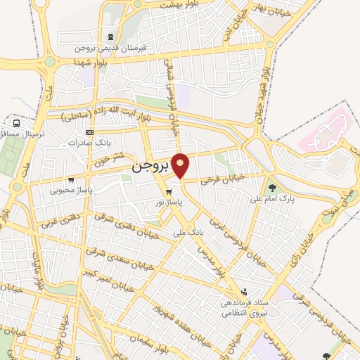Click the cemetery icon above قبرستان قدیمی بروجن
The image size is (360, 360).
(x=110, y=37)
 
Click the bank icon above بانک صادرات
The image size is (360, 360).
(x=89, y=131)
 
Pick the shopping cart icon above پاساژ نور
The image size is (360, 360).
(x=168, y=192)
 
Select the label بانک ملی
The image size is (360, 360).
(x=191, y=229)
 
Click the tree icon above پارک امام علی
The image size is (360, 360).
(x=271, y=188)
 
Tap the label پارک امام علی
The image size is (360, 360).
(x=271, y=199)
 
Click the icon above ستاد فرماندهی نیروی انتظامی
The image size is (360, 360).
(x=243, y=290)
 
